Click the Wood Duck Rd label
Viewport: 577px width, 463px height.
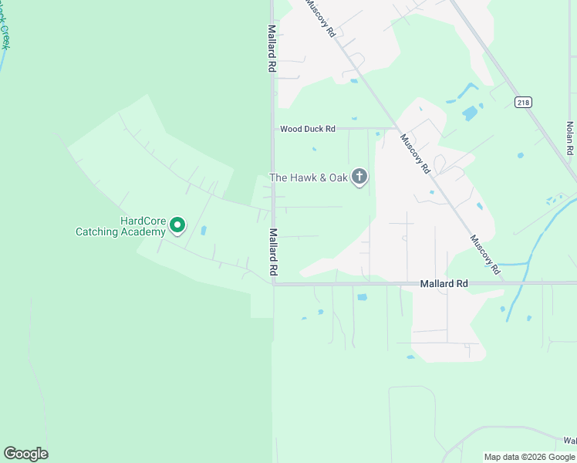pos(307,129)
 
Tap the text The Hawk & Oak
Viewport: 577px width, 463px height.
pos(309,177)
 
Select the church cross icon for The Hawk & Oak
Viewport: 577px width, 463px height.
pos(359,177)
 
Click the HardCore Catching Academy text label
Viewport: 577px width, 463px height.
pos(120,226)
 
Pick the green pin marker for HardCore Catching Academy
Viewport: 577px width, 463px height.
pos(177,225)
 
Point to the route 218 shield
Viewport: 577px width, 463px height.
pos(523,102)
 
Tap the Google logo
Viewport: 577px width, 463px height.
pos(25,454)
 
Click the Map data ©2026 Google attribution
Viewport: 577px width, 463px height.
pos(529,457)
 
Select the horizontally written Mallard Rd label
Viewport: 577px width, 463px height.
pos(444,284)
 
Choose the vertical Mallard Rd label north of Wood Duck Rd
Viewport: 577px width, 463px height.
pos(272,48)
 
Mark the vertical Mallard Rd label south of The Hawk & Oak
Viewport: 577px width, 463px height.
pos(273,252)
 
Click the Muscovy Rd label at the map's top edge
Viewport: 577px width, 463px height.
pos(321,17)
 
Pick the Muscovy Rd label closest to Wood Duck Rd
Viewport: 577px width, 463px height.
pos(414,154)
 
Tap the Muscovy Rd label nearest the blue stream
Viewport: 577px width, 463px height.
pos(485,254)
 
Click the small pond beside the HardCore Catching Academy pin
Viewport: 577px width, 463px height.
pos(204,230)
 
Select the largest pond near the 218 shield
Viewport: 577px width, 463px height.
pos(470,113)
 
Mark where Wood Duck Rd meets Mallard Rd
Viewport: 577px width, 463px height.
pos(272,129)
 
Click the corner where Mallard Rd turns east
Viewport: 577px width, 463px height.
pos(273,283)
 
